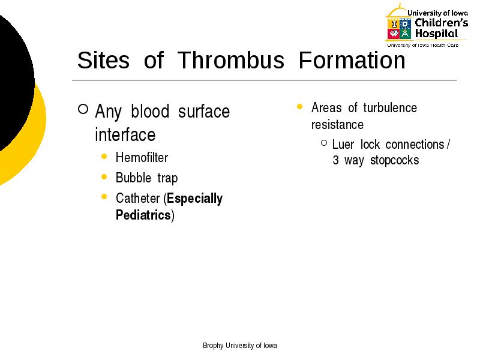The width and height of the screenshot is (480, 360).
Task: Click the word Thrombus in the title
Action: (231, 60)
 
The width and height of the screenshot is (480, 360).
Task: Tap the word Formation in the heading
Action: (352, 60)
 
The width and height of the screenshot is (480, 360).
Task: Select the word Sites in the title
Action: (103, 60)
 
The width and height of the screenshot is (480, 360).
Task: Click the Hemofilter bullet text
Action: (142, 158)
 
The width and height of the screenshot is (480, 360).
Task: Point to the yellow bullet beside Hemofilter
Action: (104, 157)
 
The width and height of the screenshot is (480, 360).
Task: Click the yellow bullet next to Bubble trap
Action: (104, 176)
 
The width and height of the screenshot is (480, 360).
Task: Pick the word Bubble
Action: (133, 178)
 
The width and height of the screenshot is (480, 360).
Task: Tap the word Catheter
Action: (138, 199)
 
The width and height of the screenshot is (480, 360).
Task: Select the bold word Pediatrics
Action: (143, 215)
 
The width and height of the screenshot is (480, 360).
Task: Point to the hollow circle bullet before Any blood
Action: (83, 109)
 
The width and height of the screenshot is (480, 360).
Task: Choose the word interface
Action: (125, 134)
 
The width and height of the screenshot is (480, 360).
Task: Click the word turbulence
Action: (390, 108)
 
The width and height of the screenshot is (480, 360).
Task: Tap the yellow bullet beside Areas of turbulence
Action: (299, 107)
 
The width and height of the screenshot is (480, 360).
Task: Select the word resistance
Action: (337, 125)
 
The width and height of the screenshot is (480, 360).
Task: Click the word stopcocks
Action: (395, 160)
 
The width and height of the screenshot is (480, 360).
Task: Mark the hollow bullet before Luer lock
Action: (324, 143)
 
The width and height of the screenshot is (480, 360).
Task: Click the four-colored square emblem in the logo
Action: (399, 29)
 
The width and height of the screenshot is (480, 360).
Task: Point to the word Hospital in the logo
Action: (436, 34)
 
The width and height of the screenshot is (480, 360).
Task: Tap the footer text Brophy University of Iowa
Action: (240, 346)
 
